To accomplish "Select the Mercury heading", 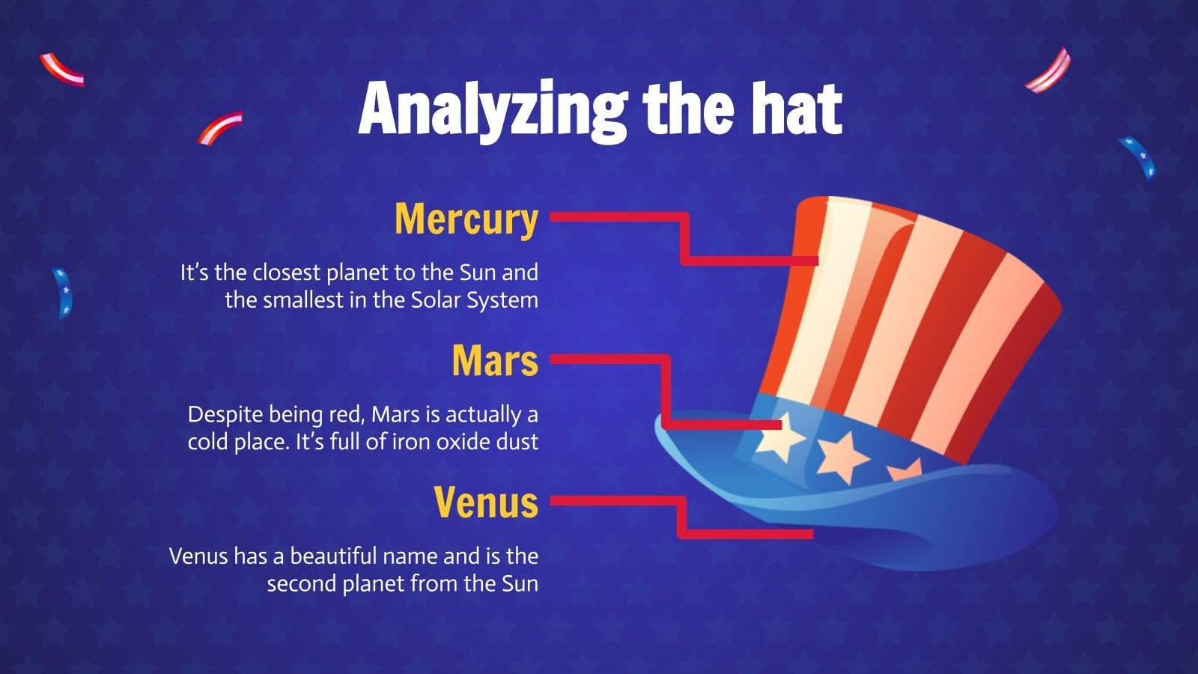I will [466, 219].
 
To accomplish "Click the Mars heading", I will [494, 361].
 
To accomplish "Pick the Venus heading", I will [486, 502].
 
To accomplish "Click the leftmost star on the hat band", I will [779, 436].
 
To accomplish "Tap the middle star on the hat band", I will [842, 455].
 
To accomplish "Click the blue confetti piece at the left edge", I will [62, 292].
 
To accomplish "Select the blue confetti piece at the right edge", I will [1138, 157].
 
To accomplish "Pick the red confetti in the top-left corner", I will [61, 70].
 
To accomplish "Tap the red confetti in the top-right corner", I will [1049, 72].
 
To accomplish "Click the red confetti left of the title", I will [219, 127].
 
